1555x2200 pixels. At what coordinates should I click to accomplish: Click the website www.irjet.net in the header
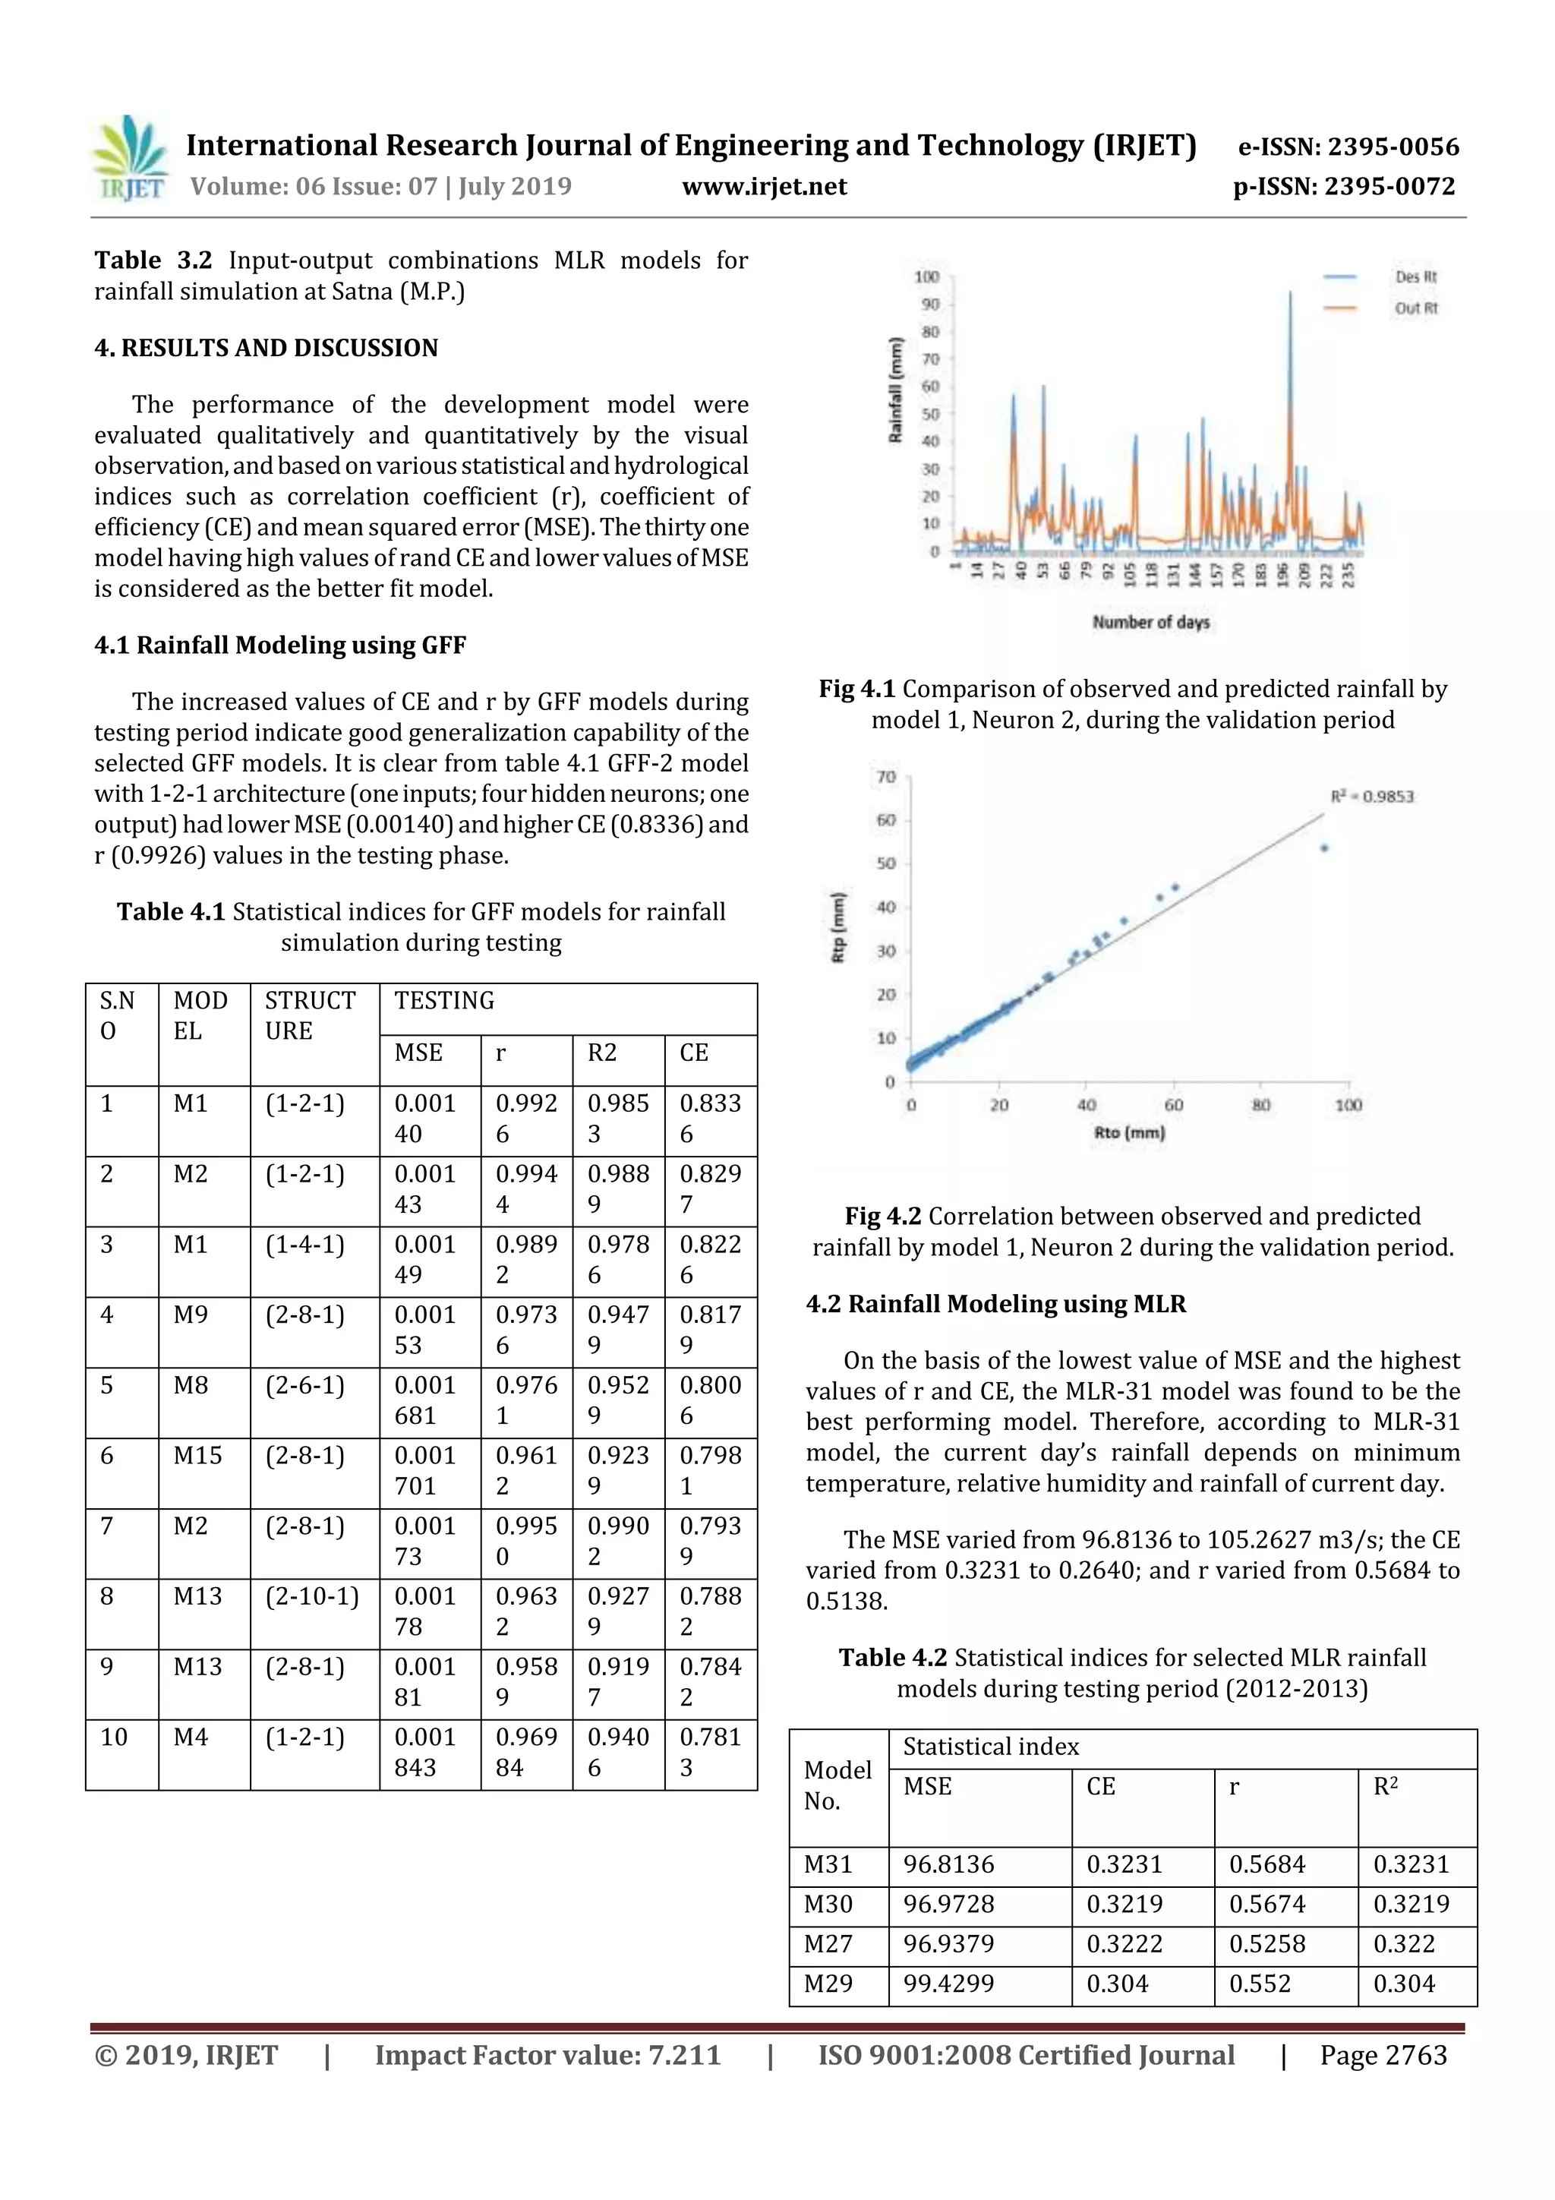764,186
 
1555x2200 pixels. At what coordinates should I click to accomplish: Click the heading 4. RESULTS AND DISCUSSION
266,348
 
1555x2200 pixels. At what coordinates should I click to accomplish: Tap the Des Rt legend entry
1415,277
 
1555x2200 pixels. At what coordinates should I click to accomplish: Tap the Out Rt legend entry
1415,308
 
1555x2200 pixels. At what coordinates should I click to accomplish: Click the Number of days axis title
1150,622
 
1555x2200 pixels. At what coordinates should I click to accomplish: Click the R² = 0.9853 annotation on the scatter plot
1371,797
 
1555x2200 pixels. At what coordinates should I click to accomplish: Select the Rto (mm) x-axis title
1128,1132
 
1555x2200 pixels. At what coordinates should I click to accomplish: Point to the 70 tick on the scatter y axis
885,776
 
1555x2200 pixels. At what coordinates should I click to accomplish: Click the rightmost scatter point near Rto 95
1324,848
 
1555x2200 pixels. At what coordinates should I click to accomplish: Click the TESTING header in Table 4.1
445,1000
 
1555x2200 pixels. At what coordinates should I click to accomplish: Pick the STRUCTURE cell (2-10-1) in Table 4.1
312,1596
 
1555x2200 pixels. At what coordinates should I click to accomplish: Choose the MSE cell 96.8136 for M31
948,1864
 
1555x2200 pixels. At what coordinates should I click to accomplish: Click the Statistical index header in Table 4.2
991,1747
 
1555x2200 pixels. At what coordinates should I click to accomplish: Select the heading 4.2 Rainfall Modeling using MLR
995,1303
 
